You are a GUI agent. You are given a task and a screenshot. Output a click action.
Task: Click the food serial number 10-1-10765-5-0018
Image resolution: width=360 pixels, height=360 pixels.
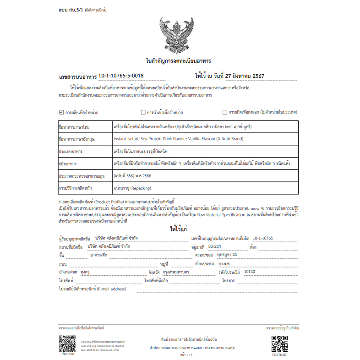pos(121,76)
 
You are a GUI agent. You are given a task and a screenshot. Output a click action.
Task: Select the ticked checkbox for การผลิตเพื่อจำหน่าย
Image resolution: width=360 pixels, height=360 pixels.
pos(62,112)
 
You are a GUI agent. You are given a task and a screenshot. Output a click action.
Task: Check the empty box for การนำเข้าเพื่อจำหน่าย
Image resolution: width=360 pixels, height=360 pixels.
pos(143,112)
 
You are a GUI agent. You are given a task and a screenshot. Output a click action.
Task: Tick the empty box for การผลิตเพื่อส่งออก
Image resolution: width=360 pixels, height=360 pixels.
pos(224,112)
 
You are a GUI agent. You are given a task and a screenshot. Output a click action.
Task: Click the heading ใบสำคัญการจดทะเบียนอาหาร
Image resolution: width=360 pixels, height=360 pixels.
pos(178,60)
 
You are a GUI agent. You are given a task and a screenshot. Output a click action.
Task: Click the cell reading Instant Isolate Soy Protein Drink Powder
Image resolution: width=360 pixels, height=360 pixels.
pos(178,138)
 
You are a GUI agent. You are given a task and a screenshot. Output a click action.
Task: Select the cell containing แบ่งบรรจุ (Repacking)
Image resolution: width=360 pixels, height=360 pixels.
pos(132,188)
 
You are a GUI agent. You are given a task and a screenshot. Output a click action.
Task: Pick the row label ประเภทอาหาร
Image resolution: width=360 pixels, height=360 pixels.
pos(73,151)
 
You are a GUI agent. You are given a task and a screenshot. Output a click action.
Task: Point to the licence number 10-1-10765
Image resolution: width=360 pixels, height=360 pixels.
pos(262,238)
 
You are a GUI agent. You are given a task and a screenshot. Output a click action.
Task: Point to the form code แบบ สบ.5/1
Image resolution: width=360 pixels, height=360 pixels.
pos(68,9)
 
